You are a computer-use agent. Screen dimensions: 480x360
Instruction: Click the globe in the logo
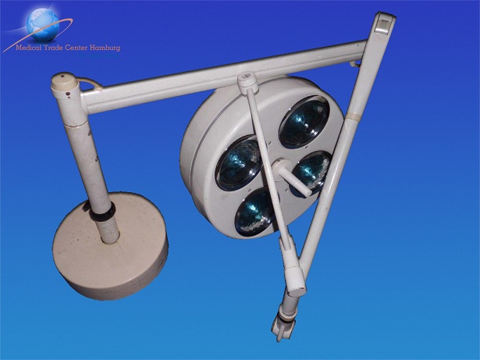tap(43, 25)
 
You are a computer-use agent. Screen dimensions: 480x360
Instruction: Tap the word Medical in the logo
tap(28, 48)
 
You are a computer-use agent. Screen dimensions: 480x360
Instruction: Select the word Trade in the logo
tap(52, 48)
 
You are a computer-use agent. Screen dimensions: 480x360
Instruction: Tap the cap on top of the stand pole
tap(64, 82)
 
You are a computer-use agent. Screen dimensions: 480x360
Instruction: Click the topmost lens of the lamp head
tap(304, 122)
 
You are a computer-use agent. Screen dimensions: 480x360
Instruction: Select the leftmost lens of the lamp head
tap(240, 163)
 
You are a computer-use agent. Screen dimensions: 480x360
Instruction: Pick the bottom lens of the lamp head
tap(257, 212)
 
